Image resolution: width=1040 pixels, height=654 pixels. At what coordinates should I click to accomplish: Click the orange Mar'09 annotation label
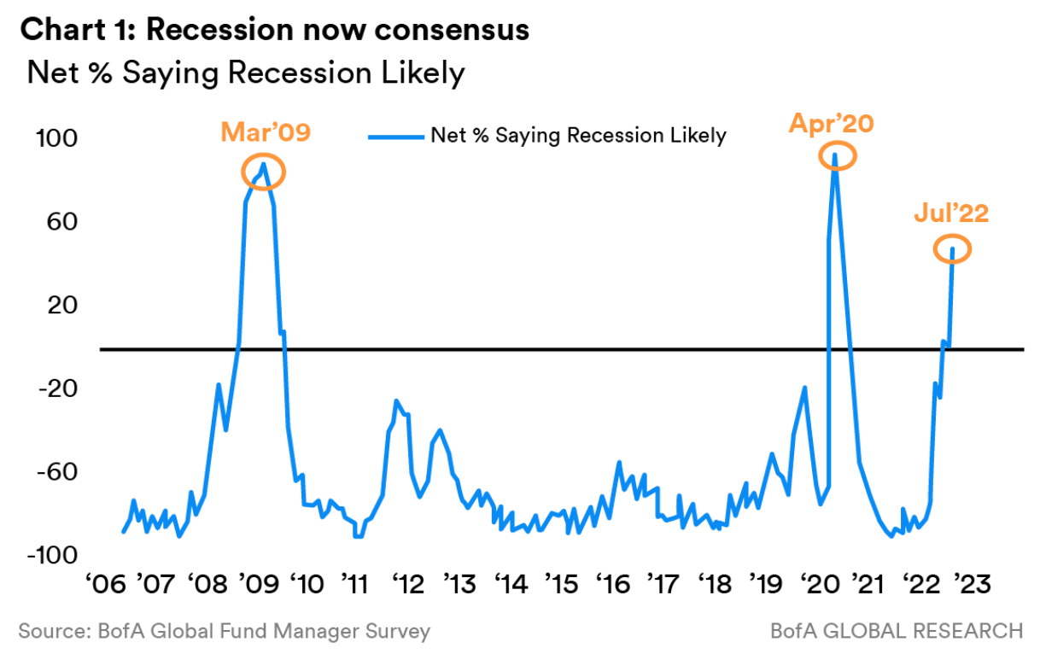pyautogui.click(x=266, y=132)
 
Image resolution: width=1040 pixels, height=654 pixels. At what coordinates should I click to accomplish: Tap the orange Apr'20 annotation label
pyautogui.click(x=831, y=123)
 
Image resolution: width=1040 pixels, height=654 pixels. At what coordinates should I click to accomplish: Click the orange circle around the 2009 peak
pyautogui.click(x=263, y=172)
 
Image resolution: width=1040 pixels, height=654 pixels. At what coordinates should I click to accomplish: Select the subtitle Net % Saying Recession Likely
pyautogui.click(x=246, y=73)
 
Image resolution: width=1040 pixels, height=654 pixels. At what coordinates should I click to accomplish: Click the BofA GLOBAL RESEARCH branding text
pyautogui.click(x=896, y=632)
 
